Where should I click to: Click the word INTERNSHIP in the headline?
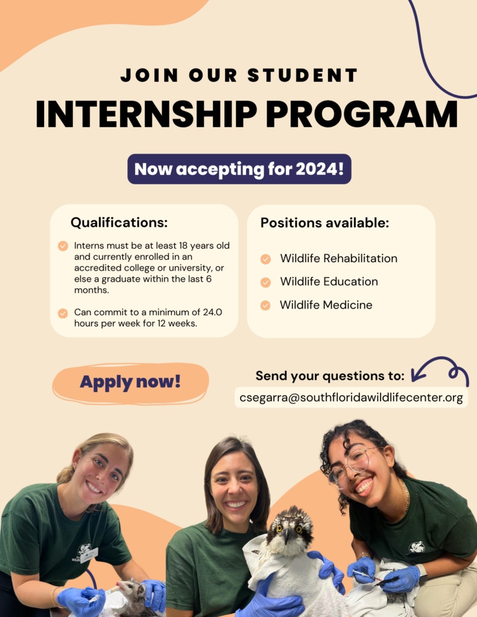click(146, 114)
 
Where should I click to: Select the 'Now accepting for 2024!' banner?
click(239, 169)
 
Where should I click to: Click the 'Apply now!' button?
click(130, 383)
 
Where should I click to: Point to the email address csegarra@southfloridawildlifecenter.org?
click(351, 398)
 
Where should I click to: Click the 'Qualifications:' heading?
click(119, 223)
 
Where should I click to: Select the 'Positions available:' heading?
click(324, 223)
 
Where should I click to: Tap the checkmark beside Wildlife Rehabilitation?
click(265, 259)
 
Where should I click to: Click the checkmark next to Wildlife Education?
click(265, 282)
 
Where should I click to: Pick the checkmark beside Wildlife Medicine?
click(265, 305)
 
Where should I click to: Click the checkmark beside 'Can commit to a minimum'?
click(63, 313)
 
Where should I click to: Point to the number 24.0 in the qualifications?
click(213, 312)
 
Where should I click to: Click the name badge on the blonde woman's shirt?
click(89, 555)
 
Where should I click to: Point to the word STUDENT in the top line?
click(303, 75)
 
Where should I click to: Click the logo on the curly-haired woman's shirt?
click(416, 547)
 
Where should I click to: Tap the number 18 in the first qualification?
click(183, 246)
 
